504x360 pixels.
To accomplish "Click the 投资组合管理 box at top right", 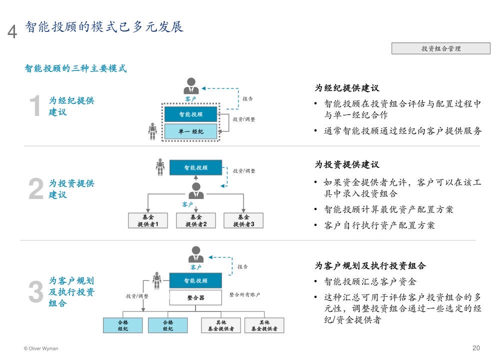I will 440,48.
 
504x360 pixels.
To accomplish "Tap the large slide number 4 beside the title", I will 12,31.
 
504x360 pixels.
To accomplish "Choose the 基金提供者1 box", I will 148,220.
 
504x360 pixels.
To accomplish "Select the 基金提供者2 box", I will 196,220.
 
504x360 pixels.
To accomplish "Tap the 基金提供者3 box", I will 243,220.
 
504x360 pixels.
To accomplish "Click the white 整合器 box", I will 195,297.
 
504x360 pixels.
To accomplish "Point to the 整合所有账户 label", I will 244,295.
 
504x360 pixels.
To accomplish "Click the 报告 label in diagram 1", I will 247,99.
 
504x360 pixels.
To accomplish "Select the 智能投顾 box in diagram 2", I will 195,168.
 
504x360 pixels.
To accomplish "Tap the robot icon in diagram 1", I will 152,131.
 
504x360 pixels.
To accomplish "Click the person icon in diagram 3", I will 195,254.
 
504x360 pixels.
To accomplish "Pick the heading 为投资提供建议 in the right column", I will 347,164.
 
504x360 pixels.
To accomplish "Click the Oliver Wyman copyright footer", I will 41,348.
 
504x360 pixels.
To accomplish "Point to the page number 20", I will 476,348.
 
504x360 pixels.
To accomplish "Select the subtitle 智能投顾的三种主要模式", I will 75,68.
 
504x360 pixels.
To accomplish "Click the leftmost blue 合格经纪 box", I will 123,325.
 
